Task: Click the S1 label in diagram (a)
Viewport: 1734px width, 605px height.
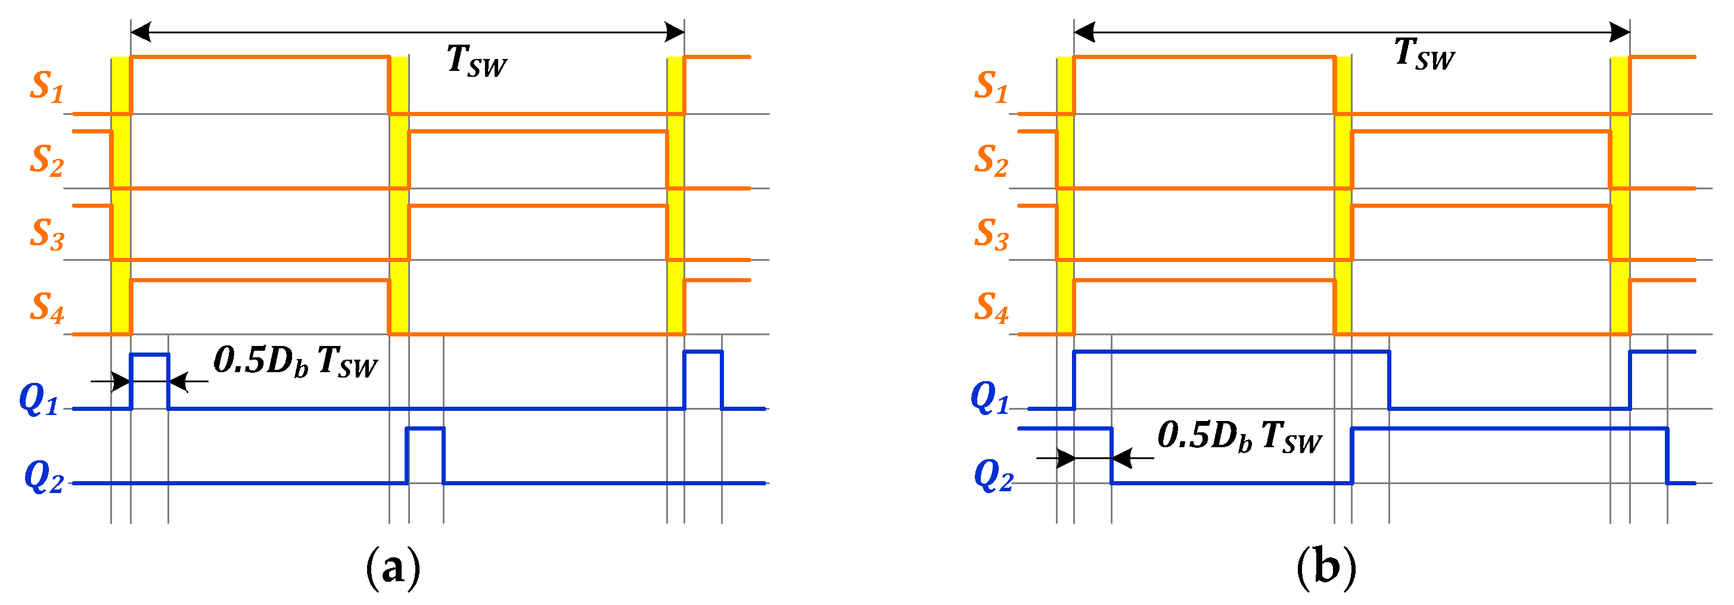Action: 46,87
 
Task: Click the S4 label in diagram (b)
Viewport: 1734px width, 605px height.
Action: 991,307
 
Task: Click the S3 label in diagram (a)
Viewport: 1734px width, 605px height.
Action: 46,233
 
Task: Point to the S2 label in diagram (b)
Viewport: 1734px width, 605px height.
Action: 991,160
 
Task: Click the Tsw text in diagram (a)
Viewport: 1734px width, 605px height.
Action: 476,61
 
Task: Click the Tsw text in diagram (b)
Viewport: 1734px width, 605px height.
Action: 1424,53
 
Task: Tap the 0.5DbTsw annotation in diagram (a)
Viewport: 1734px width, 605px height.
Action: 295,362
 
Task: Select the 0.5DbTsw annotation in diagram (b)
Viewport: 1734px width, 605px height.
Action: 1239,436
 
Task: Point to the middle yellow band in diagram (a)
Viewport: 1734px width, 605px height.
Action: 399,195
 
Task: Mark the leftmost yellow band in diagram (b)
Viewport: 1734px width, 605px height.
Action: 1065,195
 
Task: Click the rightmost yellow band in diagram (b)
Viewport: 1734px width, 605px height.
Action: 1620,195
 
